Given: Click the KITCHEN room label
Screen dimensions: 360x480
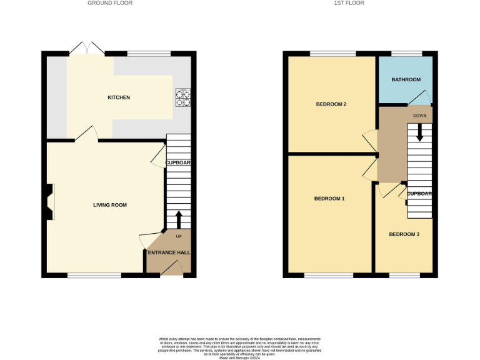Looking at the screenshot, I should [119, 97].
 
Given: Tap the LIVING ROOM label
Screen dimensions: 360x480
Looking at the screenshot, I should [110, 205].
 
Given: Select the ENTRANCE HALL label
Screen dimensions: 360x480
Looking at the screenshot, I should [168, 252].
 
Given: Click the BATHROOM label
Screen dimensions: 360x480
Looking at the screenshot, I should [406, 80].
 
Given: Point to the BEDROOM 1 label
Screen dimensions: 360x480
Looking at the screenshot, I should [329, 198].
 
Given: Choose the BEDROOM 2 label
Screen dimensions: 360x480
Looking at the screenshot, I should [331, 104].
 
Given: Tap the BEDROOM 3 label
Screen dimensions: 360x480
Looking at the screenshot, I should [404, 234].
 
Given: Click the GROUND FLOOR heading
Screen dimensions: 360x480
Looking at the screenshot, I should [111, 3].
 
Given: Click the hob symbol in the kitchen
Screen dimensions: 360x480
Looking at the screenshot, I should [183, 97].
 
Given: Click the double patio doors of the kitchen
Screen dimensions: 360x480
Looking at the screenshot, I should [87, 48].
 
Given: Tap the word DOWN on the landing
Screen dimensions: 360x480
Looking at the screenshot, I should [419, 116].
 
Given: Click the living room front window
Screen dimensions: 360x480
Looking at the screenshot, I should [94, 275].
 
